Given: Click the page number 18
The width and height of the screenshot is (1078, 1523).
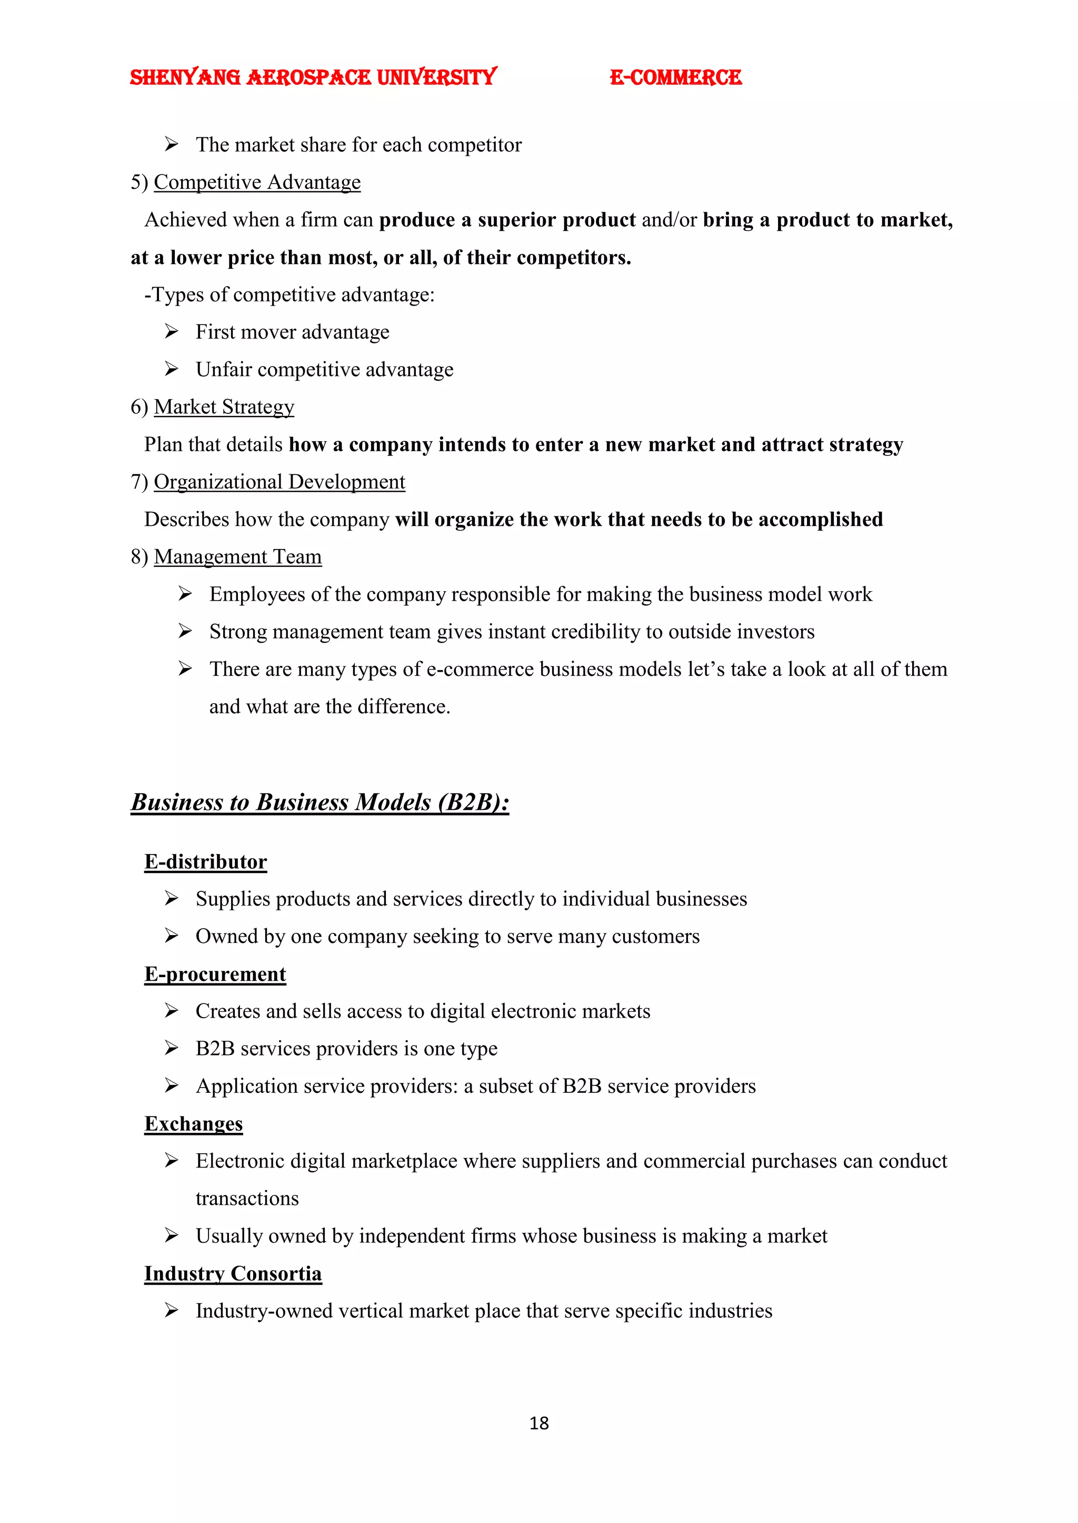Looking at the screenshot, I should click(x=538, y=1423).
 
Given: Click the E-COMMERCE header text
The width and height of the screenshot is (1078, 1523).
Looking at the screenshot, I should click(x=675, y=78).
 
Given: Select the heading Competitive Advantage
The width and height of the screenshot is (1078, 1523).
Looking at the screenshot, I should click(x=257, y=182).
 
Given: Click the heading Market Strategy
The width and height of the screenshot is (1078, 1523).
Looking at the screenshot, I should click(x=224, y=407).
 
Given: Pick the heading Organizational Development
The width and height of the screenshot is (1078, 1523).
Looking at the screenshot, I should click(x=279, y=482).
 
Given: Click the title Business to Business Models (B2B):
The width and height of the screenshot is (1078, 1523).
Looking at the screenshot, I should click(x=320, y=802).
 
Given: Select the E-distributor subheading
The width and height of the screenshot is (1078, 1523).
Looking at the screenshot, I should click(x=206, y=861).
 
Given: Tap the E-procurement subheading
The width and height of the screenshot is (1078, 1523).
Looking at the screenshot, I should click(x=215, y=974).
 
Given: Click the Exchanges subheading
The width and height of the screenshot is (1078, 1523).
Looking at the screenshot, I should click(x=194, y=1124).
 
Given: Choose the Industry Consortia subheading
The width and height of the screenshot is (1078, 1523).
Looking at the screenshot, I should click(x=233, y=1274).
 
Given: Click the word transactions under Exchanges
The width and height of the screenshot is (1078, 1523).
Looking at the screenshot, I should click(x=247, y=1199).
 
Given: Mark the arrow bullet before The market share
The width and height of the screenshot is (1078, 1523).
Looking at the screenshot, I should click(x=171, y=144).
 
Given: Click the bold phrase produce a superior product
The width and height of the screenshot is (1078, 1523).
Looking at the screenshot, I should click(x=507, y=219).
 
